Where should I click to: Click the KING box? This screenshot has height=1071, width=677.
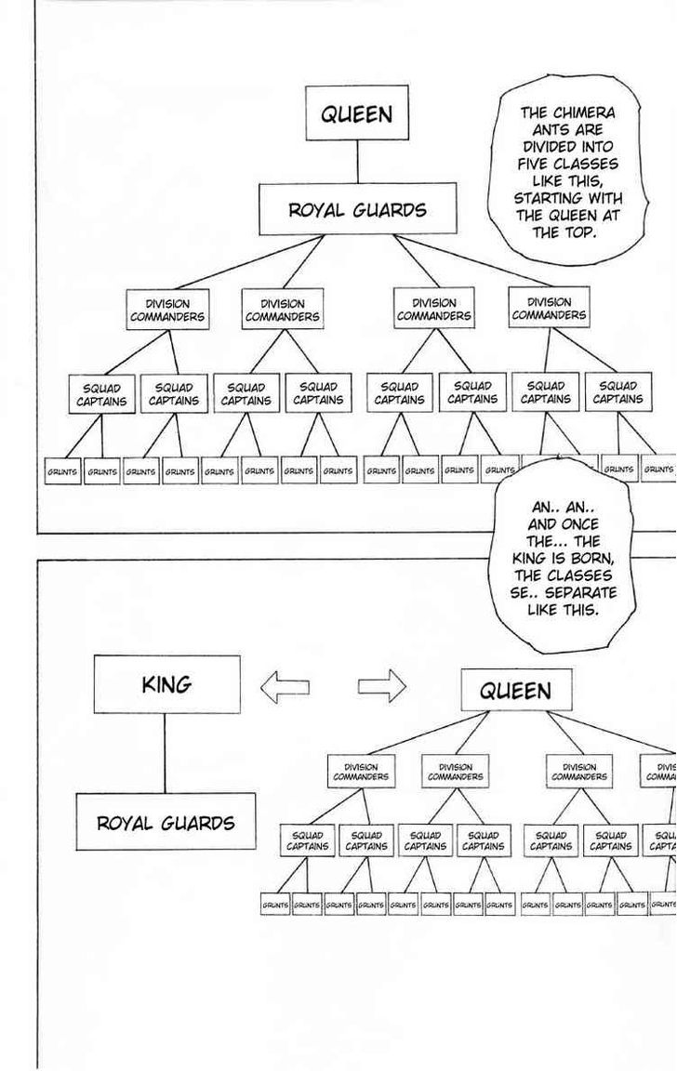pos(166,684)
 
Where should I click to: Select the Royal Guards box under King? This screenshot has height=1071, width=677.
pos(166,822)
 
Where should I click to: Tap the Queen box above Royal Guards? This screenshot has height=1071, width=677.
pos(356,113)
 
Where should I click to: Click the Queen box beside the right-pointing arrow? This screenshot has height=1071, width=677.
pos(515,691)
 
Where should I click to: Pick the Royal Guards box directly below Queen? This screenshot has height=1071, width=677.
pos(357,209)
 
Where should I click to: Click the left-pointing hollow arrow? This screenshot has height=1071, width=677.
pos(285,687)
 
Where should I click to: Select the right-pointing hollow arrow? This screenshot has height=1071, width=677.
pos(382,687)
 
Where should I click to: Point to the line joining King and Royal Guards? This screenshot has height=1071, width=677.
pos(166,752)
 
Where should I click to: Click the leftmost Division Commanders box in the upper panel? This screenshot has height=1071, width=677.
pos(167,310)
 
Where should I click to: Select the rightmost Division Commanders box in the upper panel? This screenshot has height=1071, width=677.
pos(549,309)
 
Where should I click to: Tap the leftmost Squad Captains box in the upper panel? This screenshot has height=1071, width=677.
pos(101,394)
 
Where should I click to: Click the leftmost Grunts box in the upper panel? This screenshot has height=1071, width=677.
pos(62,471)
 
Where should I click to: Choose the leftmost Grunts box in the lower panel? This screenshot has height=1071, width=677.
pos(275,904)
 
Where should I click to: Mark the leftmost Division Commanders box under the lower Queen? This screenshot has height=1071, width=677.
pos(361,772)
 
